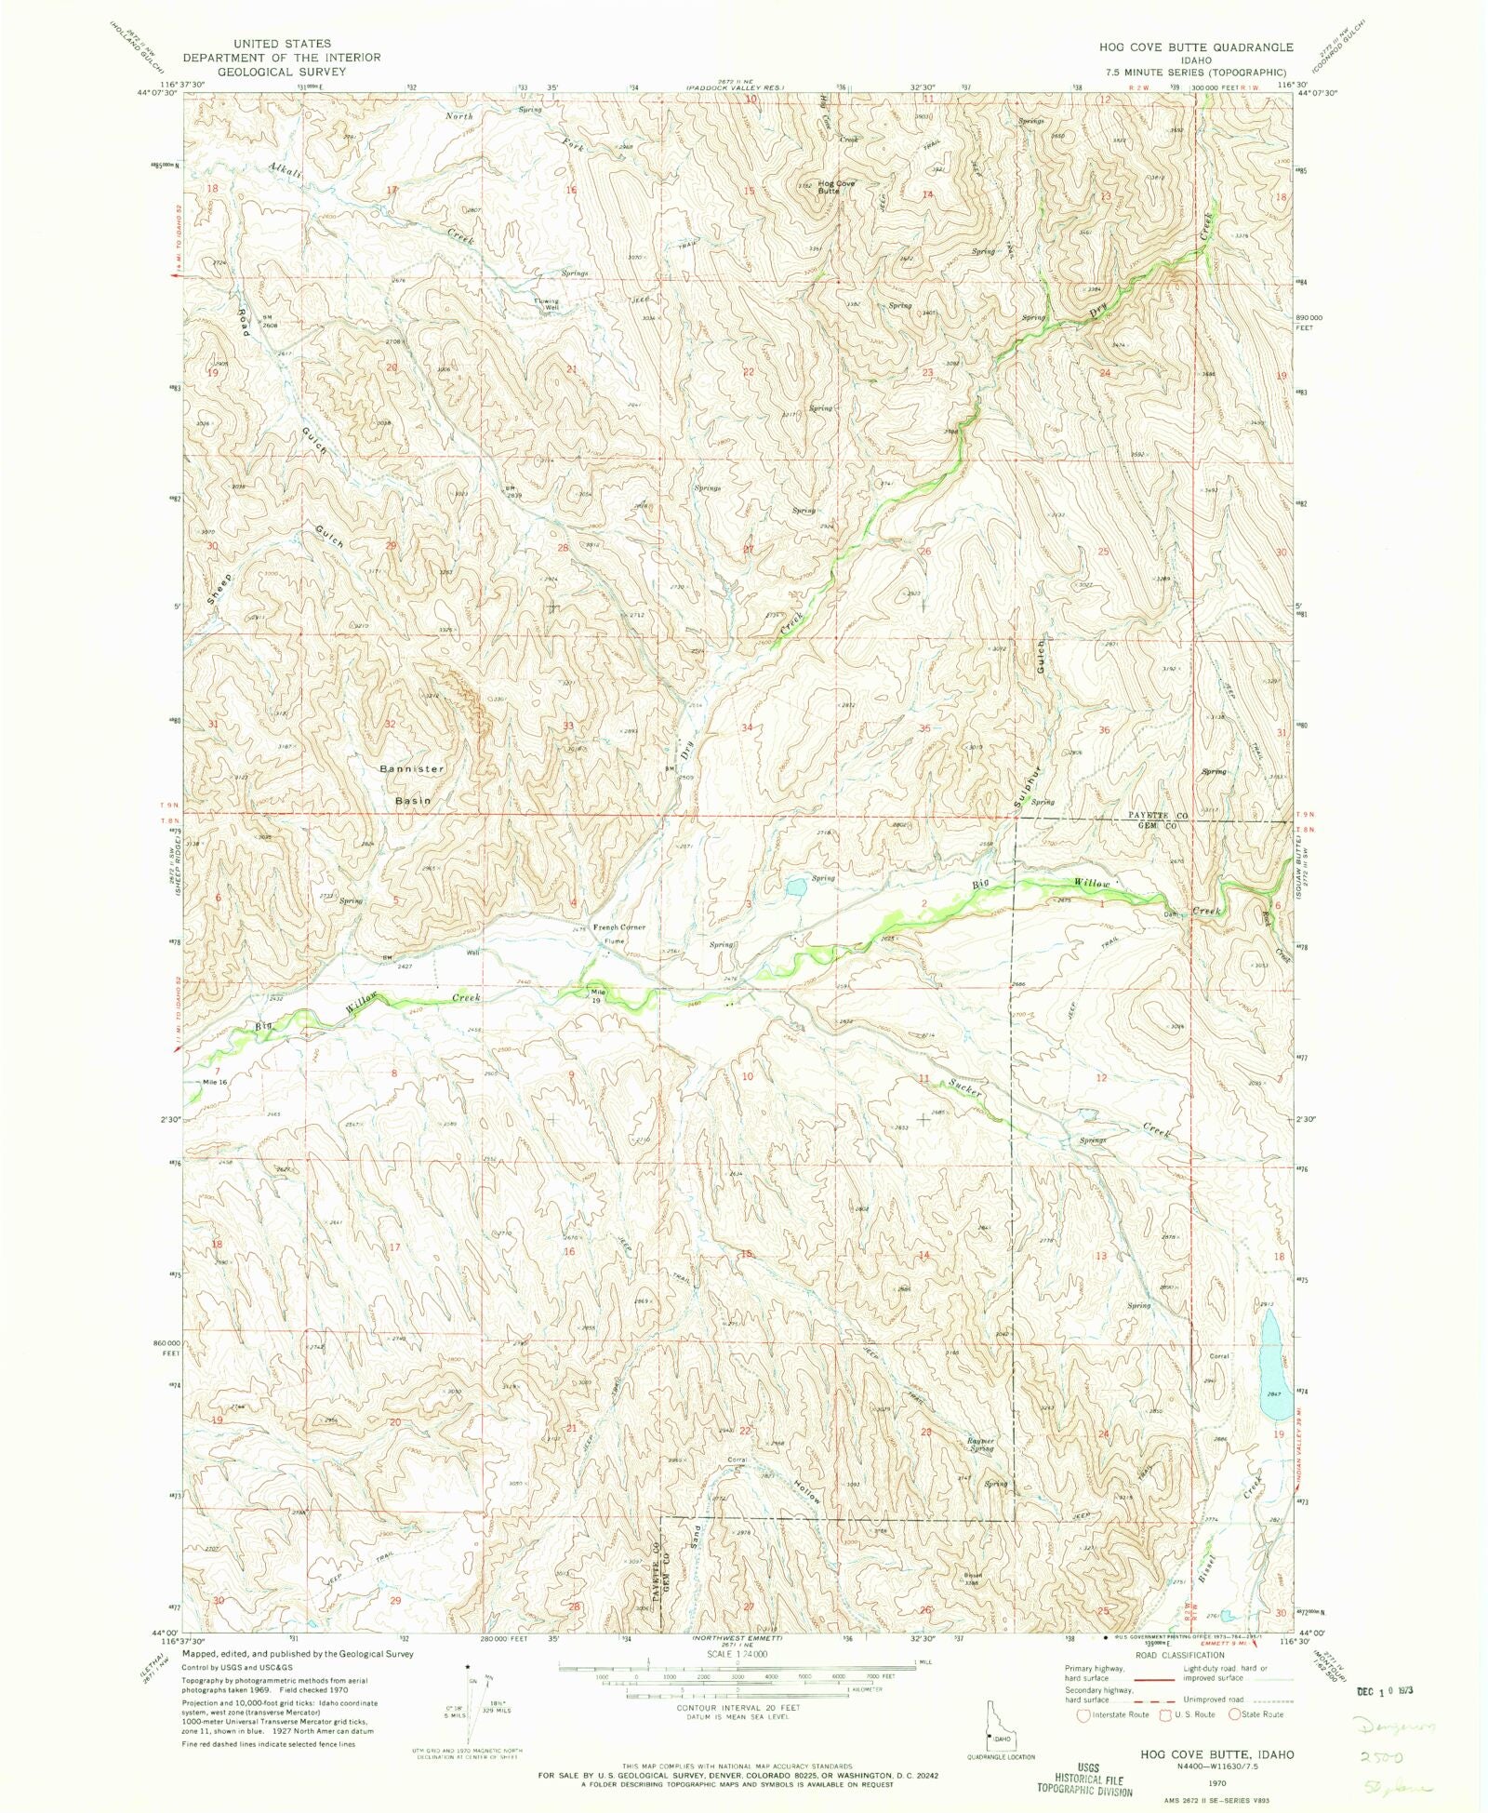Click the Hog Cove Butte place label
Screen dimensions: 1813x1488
click(x=836, y=187)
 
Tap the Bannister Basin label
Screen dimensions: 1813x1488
click(x=412, y=784)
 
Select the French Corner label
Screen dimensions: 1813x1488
click(x=619, y=927)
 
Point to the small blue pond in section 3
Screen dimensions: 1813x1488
click(x=796, y=887)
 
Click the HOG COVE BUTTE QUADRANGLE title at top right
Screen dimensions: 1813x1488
click(x=1195, y=47)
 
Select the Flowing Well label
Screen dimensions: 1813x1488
click(x=547, y=304)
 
